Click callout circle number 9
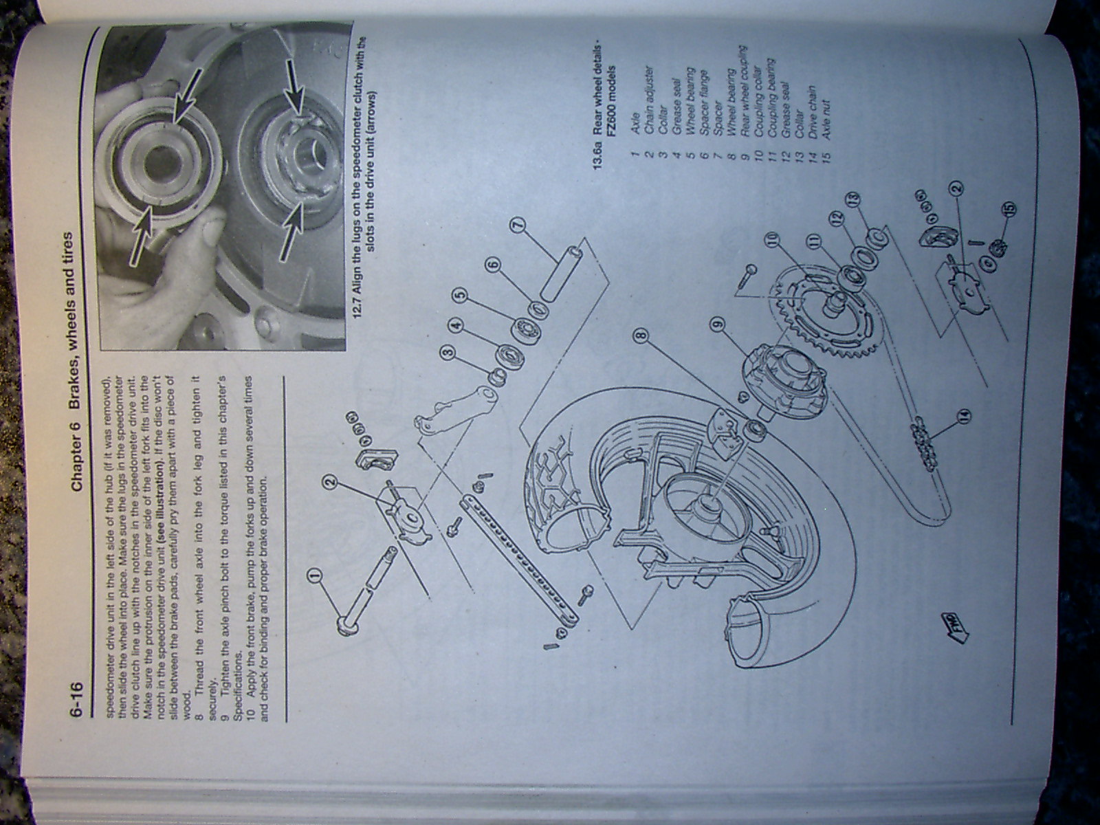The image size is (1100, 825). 718,320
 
